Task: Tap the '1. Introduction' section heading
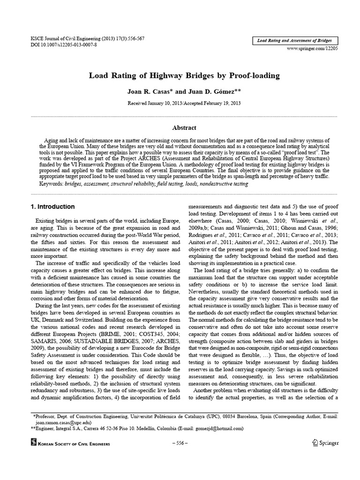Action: point(52,207)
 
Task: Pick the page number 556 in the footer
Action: point(180,443)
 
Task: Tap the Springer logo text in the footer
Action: point(326,443)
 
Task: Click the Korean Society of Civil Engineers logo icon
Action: point(33,443)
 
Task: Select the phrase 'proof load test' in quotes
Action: point(296,153)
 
